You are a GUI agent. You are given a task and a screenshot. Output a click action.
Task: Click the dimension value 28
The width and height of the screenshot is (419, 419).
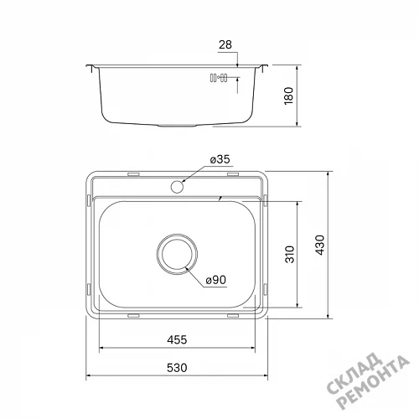pos(225,44)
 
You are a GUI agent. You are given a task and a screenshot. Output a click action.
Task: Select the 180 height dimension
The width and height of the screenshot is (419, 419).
pos(289,96)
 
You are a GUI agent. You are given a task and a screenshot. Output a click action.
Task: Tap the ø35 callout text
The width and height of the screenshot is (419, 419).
pos(220,159)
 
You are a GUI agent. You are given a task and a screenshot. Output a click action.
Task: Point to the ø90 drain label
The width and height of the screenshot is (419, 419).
pos(216,280)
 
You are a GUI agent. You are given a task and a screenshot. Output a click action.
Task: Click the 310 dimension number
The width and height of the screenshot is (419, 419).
pos(290,254)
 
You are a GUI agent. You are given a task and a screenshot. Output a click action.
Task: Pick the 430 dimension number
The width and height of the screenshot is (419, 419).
pos(320,245)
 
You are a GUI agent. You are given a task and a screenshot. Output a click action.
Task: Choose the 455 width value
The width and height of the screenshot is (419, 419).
pos(177,339)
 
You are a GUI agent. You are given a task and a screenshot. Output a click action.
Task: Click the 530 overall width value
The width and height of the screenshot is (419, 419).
pos(177,368)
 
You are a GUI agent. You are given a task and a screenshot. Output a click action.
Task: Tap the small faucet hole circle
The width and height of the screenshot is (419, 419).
pos(177,187)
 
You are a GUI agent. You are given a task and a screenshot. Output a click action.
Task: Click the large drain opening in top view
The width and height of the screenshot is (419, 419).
pos(177,254)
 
